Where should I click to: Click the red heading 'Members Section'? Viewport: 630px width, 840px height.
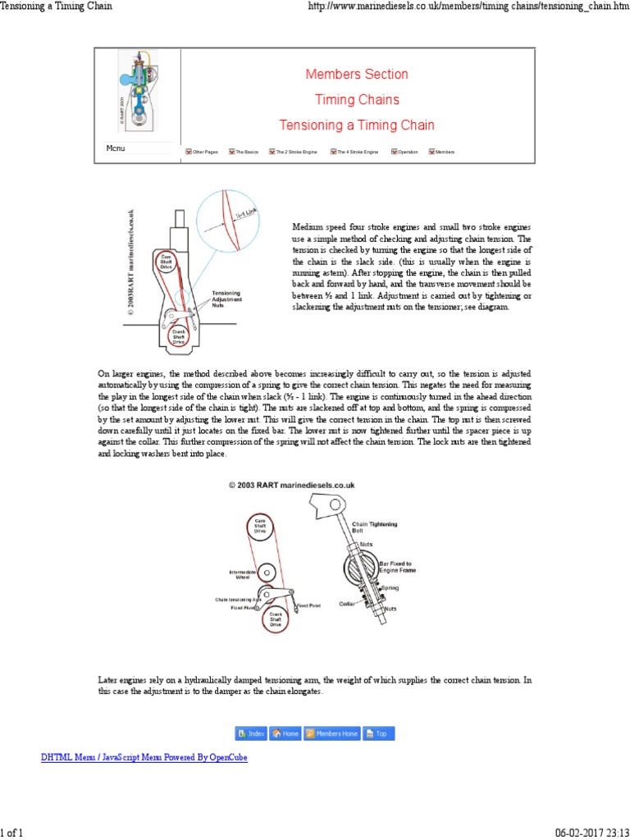coord(356,75)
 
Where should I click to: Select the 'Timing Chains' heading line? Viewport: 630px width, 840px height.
coord(357,100)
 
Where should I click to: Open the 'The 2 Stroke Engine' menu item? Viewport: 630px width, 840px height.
coord(294,153)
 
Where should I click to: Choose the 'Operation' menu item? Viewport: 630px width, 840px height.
coord(404,153)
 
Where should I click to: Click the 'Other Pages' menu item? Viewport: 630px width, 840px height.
coord(202,153)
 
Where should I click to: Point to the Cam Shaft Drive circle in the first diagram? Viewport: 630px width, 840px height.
coord(167,261)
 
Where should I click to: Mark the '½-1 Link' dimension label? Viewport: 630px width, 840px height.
coord(247,212)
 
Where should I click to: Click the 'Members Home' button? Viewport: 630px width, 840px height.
coord(332,733)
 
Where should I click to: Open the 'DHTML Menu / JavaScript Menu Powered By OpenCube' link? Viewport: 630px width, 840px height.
coord(144,758)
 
